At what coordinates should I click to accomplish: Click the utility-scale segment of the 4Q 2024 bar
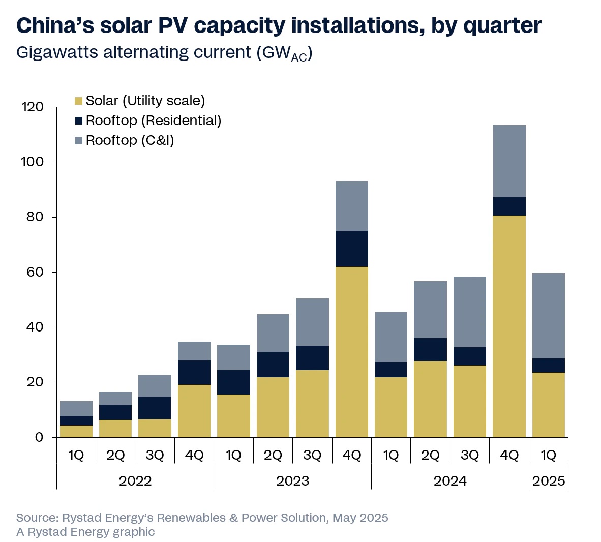[509, 326]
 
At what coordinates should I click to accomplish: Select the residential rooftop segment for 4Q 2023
[351, 249]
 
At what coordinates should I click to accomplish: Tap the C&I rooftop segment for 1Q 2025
[548, 316]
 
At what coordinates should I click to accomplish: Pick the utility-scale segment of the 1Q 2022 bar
[76, 431]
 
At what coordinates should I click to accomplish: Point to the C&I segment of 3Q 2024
[469, 312]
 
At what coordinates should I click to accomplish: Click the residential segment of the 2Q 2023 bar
[273, 364]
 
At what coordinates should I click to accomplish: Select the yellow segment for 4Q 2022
[194, 411]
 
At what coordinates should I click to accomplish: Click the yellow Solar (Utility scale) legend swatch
[78, 101]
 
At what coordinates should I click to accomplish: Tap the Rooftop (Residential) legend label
[154, 121]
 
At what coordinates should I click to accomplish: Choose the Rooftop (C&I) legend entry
[130, 140]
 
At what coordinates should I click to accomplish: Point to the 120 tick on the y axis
[33, 107]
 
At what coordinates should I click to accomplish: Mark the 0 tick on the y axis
[39, 437]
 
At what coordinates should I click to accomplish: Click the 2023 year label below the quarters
[292, 481]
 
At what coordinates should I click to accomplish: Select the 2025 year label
[548, 481]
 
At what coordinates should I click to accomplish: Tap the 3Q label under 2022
[155, 455]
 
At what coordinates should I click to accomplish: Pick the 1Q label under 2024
[390, 455]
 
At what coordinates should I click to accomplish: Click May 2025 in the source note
[360, 518]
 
